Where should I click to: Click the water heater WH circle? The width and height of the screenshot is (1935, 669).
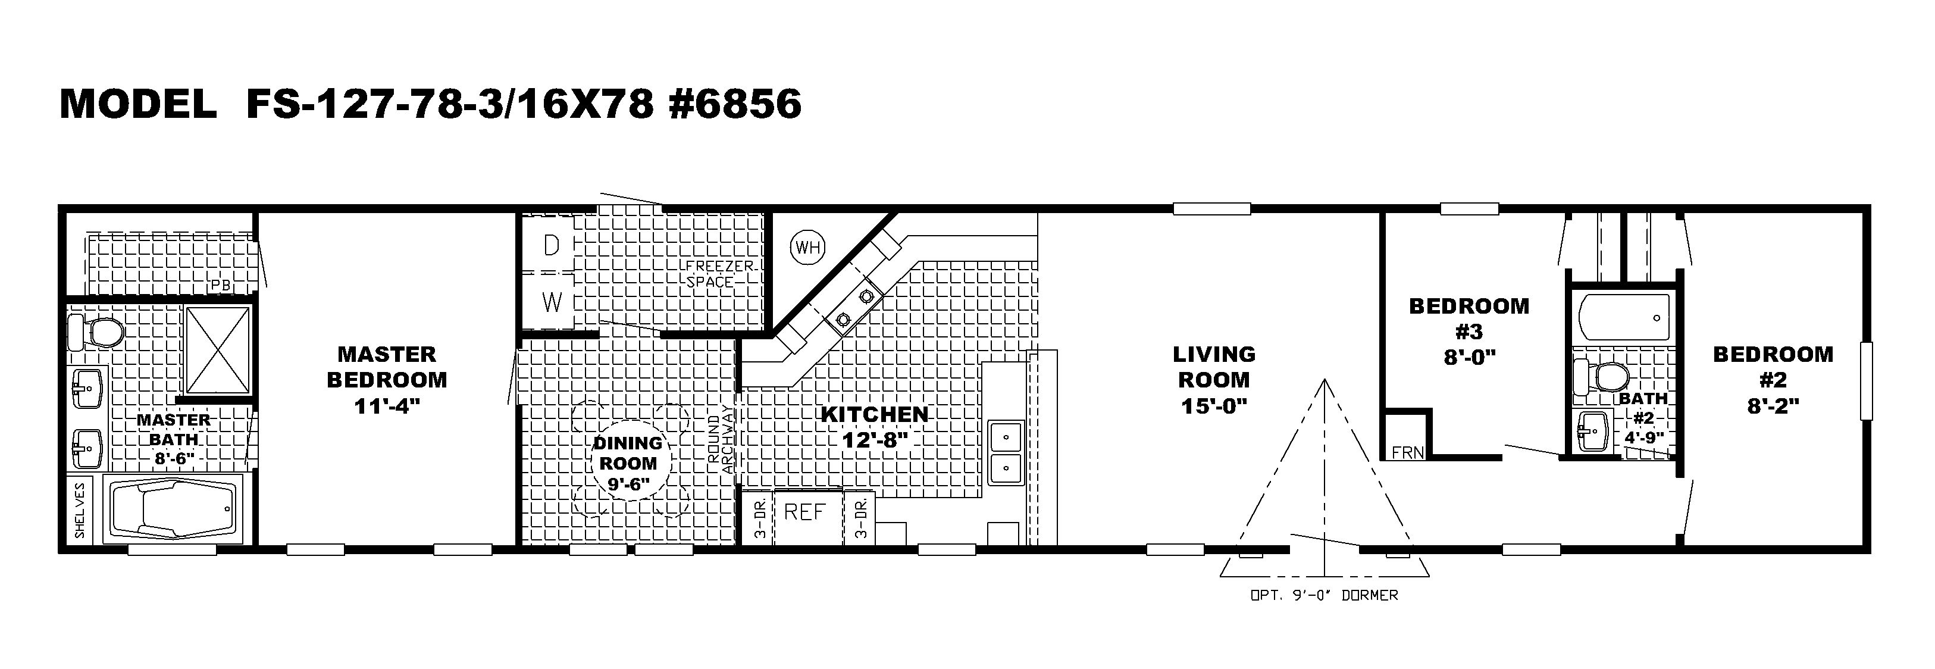[x=807, y=246]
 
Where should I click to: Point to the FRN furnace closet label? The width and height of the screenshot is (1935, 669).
[x=1407, y=452]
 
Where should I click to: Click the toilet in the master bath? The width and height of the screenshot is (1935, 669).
[x=95, y=332]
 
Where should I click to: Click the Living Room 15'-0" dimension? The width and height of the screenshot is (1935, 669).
[x=1214, y=406]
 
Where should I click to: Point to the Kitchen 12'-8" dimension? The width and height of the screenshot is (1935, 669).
[x=875, y=439]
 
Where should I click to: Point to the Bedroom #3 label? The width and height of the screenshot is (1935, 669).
[x=1469, y=318]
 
